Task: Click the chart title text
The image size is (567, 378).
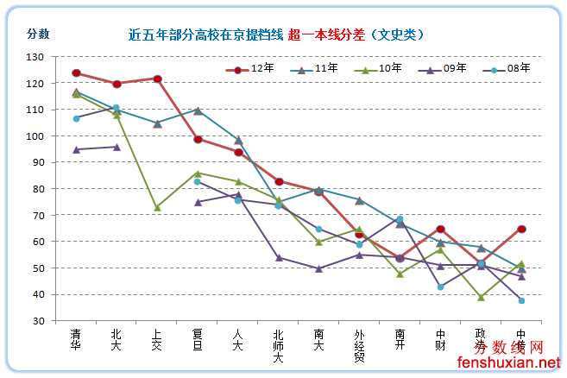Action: click(276, 35)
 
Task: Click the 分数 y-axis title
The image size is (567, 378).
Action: click(38, 35)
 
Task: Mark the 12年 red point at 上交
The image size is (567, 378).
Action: click(158, 79)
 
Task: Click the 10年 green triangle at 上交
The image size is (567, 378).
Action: click(158, 208)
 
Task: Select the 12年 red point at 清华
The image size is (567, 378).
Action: click(77, 73)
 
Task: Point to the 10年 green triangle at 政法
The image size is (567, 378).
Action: click(482, 297)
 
